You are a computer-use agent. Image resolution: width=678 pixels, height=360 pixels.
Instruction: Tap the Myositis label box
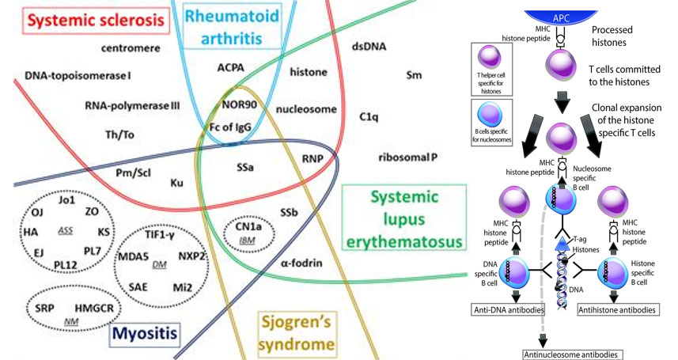(x=142, y=334)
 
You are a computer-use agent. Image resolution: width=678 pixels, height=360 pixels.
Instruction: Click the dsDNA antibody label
(x=371, y=47)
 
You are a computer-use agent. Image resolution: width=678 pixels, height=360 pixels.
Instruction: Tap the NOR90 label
(x=237, y=104)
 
